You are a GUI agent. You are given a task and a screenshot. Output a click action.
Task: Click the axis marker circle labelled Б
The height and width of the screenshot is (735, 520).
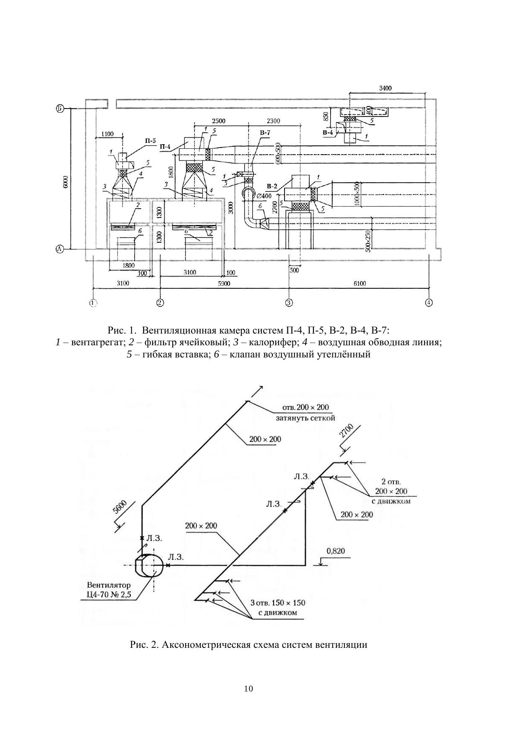click(x=60, y=109)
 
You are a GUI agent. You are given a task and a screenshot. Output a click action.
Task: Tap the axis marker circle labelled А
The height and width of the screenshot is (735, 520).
click(x=60, y=249)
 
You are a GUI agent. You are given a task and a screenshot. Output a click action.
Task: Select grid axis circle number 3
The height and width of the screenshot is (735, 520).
click(x=289, y=303)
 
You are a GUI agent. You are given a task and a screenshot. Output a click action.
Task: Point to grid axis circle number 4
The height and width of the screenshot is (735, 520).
click(x=429, y=303)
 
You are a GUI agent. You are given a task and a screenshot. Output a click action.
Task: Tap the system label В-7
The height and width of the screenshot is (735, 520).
click(x=265, y=133)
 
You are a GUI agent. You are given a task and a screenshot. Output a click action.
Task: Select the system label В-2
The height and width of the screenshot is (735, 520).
click(x=272, y=186)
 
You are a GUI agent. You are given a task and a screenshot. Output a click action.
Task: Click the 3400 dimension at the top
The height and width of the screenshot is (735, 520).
click(x=385, y=88)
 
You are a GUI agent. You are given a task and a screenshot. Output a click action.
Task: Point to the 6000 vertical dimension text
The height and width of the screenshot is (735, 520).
click(x=66, y=182)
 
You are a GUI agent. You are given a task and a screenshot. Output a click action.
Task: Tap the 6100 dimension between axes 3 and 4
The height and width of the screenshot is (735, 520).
click(x=360, y=284)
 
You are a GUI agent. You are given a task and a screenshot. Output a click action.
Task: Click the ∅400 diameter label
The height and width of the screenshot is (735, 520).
click(x=264, y=196)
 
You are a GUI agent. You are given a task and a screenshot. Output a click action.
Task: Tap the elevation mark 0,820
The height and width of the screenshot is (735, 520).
click(x=335, y=551)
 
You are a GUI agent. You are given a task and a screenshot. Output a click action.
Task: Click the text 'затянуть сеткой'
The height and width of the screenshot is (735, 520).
click(x=305, y=418)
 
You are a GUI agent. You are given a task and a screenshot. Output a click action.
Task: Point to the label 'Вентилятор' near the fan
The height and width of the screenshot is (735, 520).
click(x=109, y=585)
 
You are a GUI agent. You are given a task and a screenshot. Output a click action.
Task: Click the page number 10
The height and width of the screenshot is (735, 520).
click(x=248, y=688)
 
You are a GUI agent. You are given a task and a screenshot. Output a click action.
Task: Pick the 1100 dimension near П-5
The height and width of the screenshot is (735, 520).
click(x=107, y=134)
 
